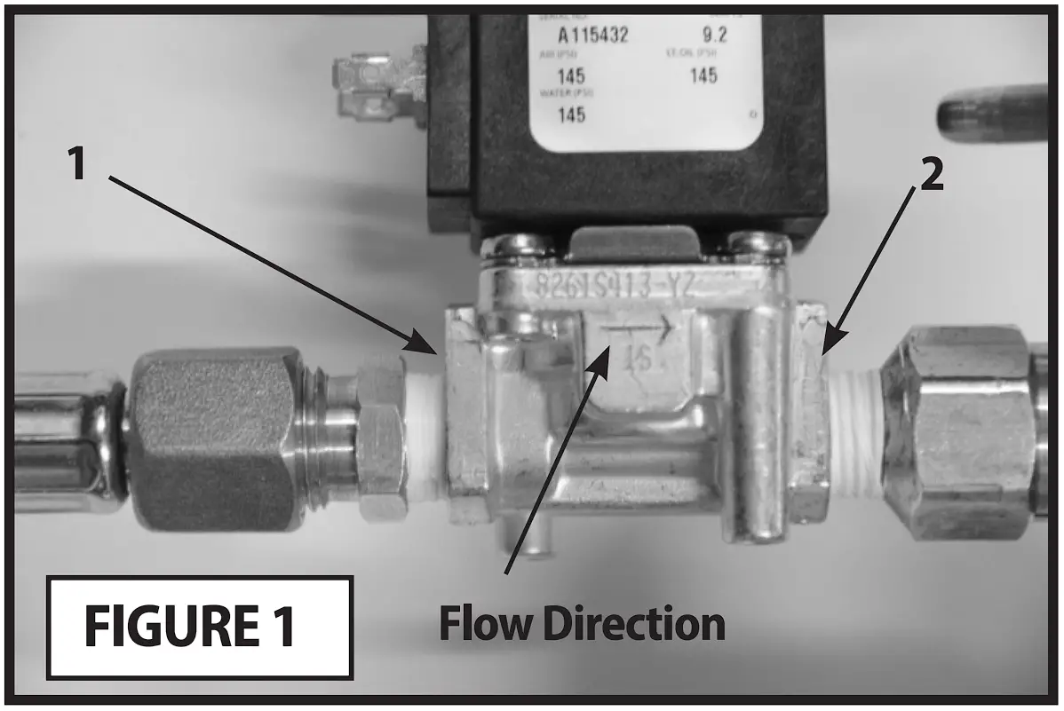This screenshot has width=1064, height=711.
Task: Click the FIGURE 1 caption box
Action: click(x=199, y=626)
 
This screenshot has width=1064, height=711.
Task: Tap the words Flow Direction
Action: click(x=582, y=624)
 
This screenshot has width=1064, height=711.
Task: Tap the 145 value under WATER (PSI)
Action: click(x=569, y=115)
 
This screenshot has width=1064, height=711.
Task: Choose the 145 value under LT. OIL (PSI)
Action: click(x=703, y=75)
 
